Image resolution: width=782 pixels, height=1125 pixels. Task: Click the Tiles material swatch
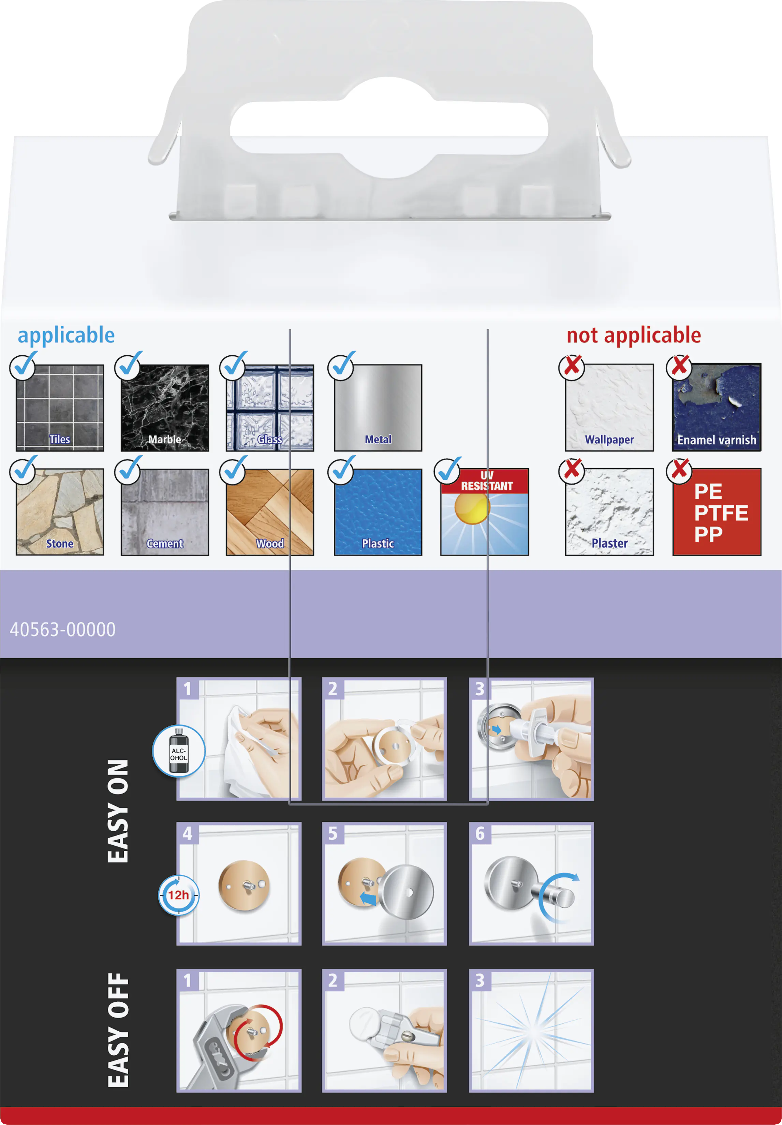(x=60, y=408)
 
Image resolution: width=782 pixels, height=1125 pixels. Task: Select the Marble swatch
(x=165, y=408)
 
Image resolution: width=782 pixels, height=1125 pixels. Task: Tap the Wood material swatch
(x=270, y=512)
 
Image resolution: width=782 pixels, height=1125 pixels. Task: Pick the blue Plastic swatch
(x=378, y=512)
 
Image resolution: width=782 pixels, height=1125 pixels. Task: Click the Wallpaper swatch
(x=609, y=408)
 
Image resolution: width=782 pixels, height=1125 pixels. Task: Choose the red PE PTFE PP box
(x=717, y=512)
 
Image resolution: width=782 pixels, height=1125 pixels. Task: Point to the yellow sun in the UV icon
(x=472, y=508)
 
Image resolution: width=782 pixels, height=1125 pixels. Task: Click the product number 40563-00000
(x=63, y=630)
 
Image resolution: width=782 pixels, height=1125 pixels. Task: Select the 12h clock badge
(x=178, y=895)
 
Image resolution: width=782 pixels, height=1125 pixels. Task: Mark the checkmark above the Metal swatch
(x=341, y=365)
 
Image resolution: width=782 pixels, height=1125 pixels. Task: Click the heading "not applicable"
(x=634, y=335)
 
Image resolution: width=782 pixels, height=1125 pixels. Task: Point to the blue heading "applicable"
(x=66, y=336)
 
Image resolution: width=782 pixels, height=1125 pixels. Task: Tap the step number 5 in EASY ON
(x=333, y=833)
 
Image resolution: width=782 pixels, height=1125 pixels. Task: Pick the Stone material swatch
(x=60, y=512)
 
